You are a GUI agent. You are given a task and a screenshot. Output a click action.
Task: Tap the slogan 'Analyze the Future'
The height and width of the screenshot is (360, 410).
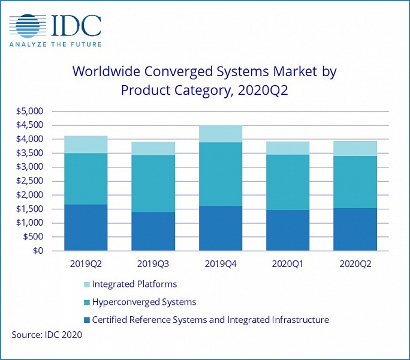pyautogui.click(x=55, y=44)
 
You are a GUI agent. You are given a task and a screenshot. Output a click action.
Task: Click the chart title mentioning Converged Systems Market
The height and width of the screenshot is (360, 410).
pyautogui.click(x=204, y=80)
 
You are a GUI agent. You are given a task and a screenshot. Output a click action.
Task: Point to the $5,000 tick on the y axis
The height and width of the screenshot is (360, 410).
pyautogui.click(x=31, y=112)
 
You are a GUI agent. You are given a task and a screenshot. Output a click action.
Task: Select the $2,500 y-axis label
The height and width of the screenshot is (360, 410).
pyautogui.click(x=31, y=181)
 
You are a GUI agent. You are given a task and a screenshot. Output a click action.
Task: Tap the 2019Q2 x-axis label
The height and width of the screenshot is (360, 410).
pyautogui.click(x=86, y=263)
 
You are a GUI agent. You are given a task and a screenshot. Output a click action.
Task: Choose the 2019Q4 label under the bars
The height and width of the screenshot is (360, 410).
pyautogui.click(x=221, y=263)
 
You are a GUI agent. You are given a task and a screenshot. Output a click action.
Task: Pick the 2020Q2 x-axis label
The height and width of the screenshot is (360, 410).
pyautogui.click(x=356, y=263)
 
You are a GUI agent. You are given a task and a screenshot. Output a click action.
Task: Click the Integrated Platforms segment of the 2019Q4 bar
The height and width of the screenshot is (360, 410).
pyautogui.click(x=221, y=134)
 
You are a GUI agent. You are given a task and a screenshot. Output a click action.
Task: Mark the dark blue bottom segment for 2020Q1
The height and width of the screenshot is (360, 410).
pyautogui.click(x=289, y=230)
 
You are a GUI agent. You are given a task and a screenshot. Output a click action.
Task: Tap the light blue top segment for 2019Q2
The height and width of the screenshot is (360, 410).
pyautogui.click(x=86, y=145)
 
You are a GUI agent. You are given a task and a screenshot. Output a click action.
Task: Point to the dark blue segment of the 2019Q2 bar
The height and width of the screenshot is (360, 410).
pyautogui.click(x=86, y=227)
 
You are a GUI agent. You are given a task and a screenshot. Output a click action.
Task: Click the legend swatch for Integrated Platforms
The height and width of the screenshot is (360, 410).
pyautogui.click(x=85, y=284)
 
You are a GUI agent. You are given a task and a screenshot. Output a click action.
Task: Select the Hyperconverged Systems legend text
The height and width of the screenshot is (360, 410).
pyautogui.click(x=144, y=302)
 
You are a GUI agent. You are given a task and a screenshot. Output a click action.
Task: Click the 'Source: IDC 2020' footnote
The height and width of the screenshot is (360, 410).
pyautogui.click(x=47, y=335)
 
